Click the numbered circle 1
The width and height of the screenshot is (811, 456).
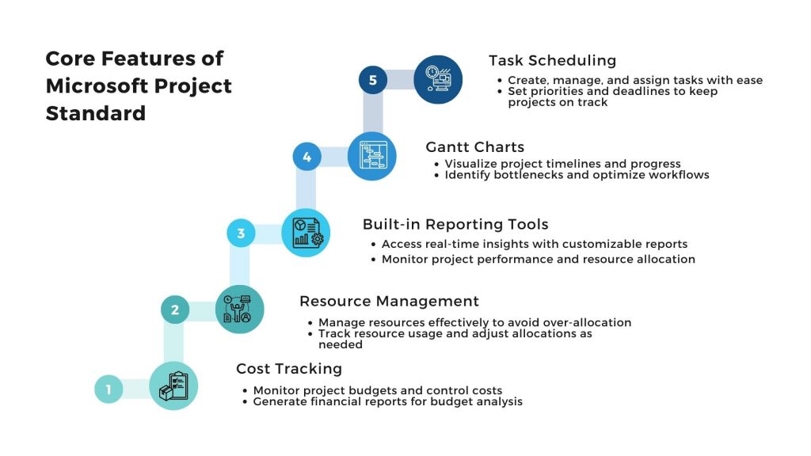pyautogui.click(x=109, y=389)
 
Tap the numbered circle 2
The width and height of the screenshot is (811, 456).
pyautogui.click(x=175, y=310)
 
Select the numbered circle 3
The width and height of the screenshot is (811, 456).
pyautogui.click(x=241, y=234)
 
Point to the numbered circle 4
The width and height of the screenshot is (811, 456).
pyautogui.click(x=307, y=157)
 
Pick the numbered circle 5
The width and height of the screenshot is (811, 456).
pyautogui.click(x=373, y=80)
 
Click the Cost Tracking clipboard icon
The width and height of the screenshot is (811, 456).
pyautogui.click(x=173, y=386)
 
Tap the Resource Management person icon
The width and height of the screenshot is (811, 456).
pyautogui.click(x=239, y=310)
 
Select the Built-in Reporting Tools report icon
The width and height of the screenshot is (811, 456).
pyautogui.click(x=306, y=233)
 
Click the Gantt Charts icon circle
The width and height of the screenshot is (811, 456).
pyautogui.click(x=372, y=156)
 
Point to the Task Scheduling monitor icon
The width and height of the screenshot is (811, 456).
pyautogui.click(x=438, y=80)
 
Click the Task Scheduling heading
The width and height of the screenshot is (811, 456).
pyautogui.click(x=552, y=60)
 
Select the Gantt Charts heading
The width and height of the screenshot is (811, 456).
pyautogui.click(x=475, y=146)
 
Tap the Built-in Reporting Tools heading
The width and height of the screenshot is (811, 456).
pyautogui.click(x=455, y=224)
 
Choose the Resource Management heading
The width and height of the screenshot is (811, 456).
pyautogui.click(x=389, y=301)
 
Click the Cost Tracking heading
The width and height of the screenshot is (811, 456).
pyautogui.click(x=289, y=369)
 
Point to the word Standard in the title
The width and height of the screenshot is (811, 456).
pyautogui.click(x=96, y=113)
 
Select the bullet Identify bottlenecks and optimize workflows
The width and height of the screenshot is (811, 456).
pyautogui.click(x=572, y=175)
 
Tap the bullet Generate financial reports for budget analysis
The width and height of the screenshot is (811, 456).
pyautogui.click(x=383, y=401)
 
